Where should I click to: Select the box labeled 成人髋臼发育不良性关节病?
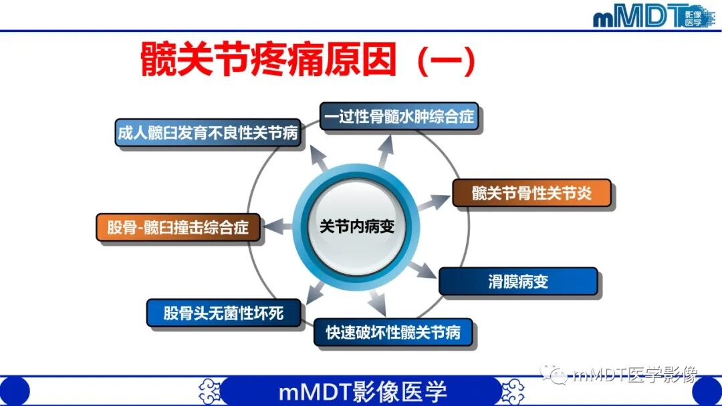(207, 133)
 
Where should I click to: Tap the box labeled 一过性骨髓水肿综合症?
(400, 118)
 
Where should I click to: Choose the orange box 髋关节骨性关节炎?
(531, 194)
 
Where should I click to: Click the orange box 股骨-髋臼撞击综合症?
(178, 228)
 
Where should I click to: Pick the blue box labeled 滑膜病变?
(517, 281)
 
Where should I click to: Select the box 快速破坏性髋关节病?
(393, 332)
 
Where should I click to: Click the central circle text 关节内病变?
(357, 226)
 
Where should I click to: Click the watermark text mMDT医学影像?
(634, 375)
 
